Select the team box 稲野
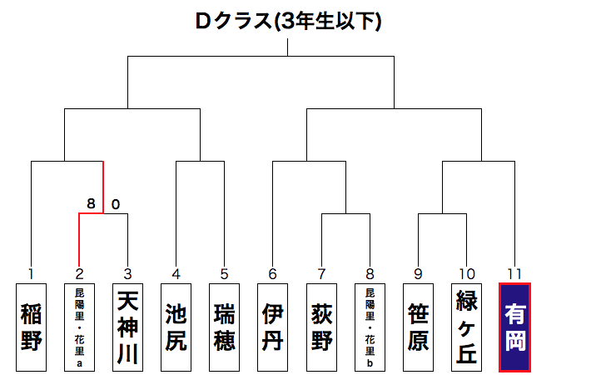click(31, 327)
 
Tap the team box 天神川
click(127, 327)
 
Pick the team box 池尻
click(176, 327)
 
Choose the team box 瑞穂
click(224, 327)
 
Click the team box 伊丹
click(272, 327)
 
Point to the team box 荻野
click(321, 327)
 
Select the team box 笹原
click(418, 327)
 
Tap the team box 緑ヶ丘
click(466, 327)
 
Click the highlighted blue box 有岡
click(514, 327)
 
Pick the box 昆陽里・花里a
click(79, 327)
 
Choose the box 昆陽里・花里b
click(370, 327)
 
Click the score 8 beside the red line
click(91, 203)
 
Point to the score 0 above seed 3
click(116, 203)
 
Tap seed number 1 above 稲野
click(31, 273)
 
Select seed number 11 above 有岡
click(514, 273)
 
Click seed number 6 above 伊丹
click(272, 273)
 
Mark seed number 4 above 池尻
click(176, 273)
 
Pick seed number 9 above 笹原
click(418, 273)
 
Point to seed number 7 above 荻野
click(321, 273)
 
